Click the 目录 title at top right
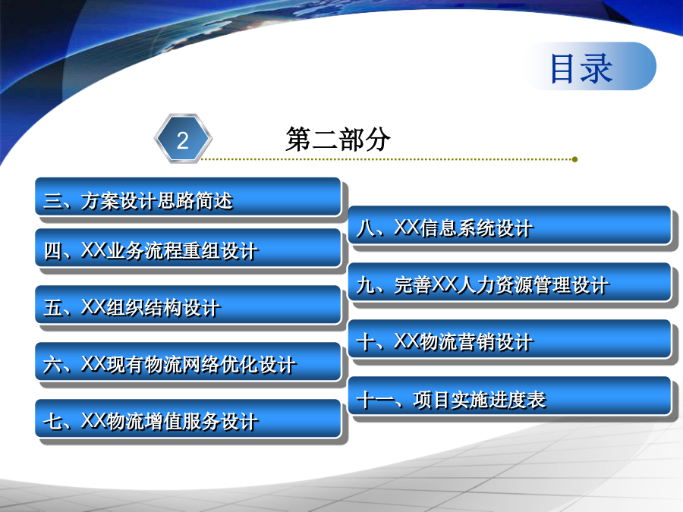581,68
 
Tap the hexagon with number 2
183,139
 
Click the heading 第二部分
338,140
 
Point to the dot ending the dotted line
575,159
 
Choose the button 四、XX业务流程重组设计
187,248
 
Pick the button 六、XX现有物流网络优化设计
187,362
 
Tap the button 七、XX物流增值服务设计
187,419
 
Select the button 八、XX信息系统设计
510,225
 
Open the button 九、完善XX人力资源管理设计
510,281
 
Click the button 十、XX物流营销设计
510,339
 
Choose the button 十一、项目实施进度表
510,396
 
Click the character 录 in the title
598,68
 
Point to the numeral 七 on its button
52,421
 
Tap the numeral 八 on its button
366,228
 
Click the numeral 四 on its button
52,251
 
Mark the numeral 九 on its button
366,284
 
